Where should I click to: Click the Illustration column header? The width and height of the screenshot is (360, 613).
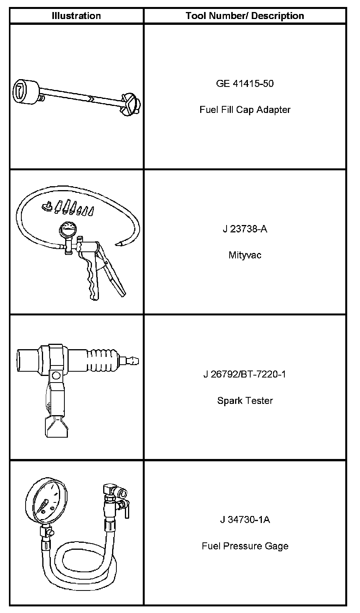tap(76, 16)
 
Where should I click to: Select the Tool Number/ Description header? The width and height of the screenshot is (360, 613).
tap(244, 16)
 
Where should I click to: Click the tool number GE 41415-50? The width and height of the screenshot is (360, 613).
tap(244, 83)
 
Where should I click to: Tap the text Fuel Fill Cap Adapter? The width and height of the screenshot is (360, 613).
tap(244, 110)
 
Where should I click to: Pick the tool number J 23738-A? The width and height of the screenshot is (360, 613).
tap(244, 229)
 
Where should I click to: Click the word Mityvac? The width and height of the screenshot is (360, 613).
tap(244, 255)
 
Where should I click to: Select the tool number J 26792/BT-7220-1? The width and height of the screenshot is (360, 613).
tap(244, 374)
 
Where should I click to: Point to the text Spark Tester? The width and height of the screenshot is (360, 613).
tap(244, 401)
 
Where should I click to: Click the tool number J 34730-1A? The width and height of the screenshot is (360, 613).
tap(244, 520)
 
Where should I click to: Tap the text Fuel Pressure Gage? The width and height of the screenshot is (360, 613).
tap(244, 546)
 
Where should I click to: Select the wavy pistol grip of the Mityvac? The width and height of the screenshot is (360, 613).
tap(92, 277)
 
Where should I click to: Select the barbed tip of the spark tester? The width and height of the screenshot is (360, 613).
tap(134, 361)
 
